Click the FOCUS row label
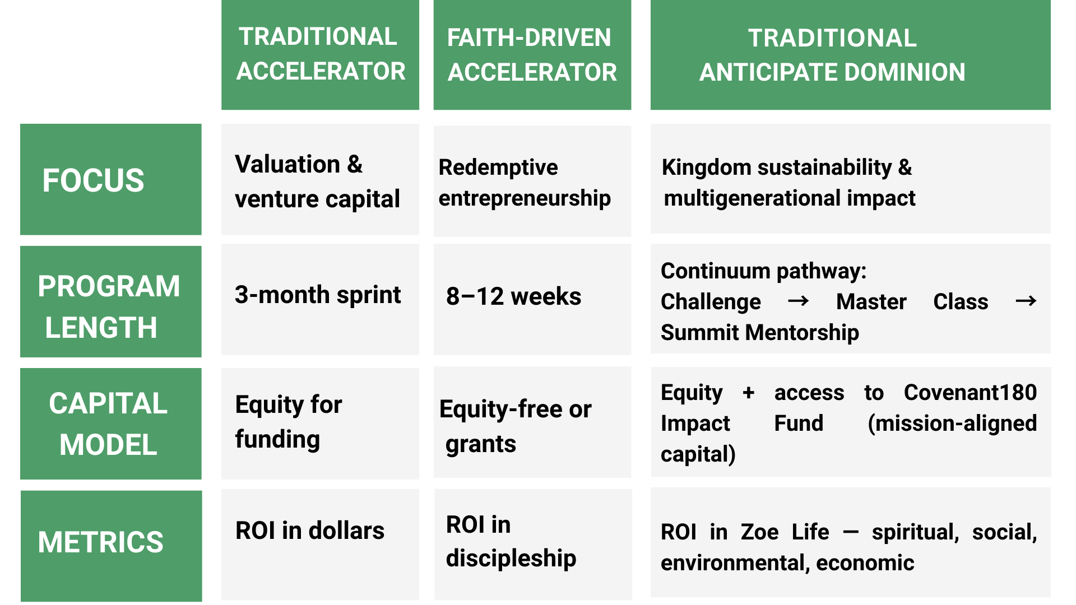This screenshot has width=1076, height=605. [93, 180]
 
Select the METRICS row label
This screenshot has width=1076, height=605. [101, 542]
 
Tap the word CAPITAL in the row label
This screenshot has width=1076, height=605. [108, 403]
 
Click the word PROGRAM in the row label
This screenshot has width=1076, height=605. [109, 286]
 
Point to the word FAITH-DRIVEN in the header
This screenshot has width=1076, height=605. [529, 38]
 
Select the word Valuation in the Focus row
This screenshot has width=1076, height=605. [287, 164]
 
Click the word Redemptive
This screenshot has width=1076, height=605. [498, 167]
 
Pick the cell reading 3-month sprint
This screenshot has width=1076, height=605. [318, 295]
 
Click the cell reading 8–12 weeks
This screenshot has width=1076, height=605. [513, 296]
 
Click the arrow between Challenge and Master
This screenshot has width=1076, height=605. [798, 301]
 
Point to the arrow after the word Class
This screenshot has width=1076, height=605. [1026, 301]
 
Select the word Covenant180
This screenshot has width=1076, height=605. [970, 393]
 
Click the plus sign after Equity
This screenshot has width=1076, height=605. [748, 393]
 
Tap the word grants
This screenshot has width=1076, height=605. [481, 445]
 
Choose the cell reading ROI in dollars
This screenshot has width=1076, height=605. [310, 530]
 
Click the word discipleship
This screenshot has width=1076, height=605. [511, 559]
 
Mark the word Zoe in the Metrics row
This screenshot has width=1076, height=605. [760, 532]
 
